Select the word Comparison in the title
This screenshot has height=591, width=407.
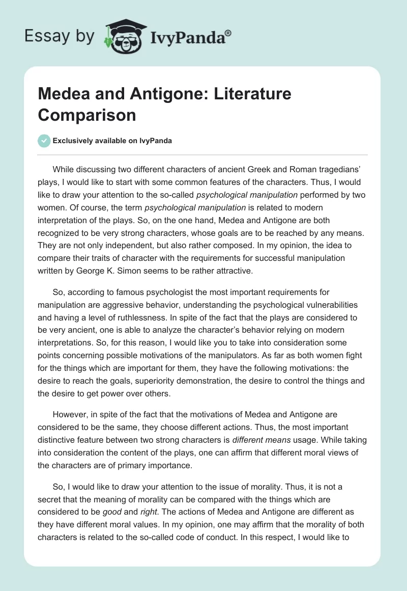87,115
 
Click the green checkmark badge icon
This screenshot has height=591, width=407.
44,141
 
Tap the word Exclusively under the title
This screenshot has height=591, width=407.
74,141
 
